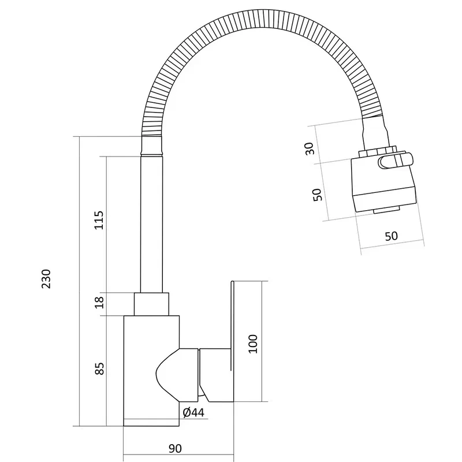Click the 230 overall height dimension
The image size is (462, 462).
pos(46,279)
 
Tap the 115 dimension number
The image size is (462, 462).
pos(99,220)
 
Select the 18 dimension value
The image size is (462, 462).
pos(99,302)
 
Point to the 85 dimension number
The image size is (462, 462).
pos(99,368)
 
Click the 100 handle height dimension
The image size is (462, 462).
pos(253,344)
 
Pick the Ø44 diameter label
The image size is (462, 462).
pos(193,412)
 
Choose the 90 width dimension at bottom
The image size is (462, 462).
pos(175,449)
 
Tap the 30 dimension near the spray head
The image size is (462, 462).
pos(310,148)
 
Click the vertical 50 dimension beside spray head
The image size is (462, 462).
pos(317,195)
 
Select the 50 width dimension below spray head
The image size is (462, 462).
pos(392,236)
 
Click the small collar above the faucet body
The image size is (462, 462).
pos(151,304)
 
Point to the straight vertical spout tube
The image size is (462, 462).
pos(151,224)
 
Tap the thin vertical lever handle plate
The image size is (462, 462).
pos(232,326)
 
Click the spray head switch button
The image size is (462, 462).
pos(396,161)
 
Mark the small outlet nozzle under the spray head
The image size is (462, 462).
pos(386,210)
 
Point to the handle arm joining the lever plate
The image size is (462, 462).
pos(216,375)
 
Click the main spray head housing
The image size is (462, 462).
pos(383,185)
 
